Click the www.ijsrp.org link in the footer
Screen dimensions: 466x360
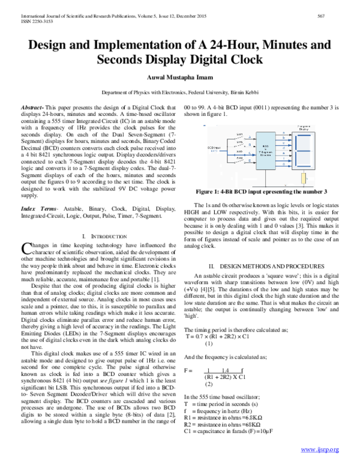coord(320,449)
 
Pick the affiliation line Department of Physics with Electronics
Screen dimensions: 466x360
coord(179,94)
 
